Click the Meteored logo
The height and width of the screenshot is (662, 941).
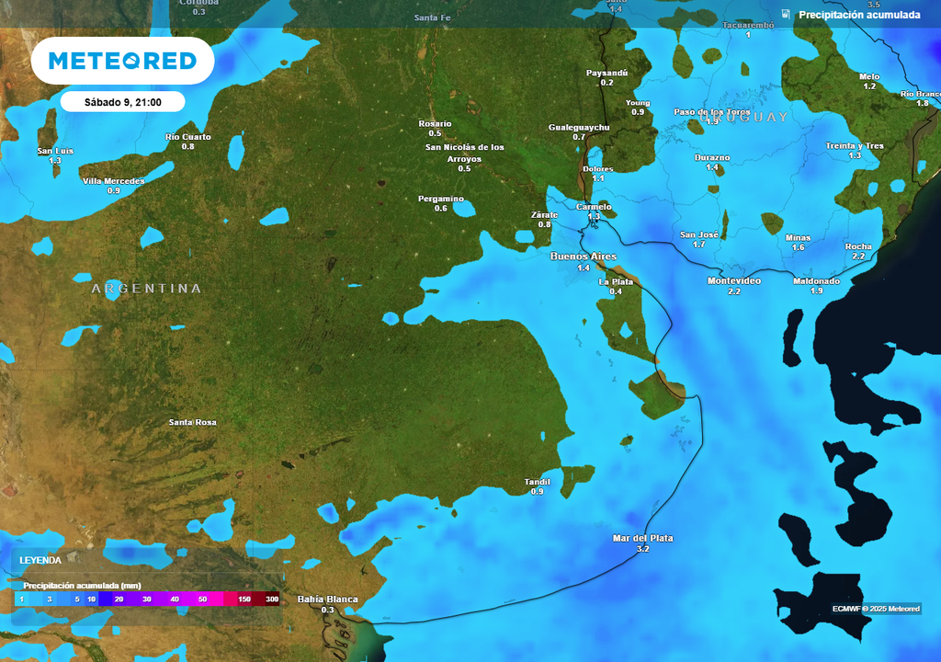point(122,61)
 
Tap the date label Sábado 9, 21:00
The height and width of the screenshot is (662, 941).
point(123,102)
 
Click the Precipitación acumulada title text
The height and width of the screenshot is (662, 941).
point(859,15)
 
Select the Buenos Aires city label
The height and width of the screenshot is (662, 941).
point(584,256)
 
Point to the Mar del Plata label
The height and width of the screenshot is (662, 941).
point(642,538)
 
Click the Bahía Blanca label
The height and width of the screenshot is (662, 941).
point(327,599)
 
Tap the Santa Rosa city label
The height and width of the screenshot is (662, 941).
point(193,422)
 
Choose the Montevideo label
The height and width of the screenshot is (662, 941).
point(734,280)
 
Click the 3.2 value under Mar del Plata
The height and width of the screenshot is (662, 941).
point(642,549)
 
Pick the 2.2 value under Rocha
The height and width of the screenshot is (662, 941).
point(858,257)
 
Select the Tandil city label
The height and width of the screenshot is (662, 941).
point(537,482)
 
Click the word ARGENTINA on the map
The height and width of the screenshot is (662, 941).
point(146,289)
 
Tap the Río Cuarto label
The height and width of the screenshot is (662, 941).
point(188,137)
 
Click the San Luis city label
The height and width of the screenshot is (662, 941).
point(55,151)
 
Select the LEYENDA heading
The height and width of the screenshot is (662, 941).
point(41,559)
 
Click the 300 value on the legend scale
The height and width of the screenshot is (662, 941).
point(272,599)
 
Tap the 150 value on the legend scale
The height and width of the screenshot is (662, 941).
point(244,599)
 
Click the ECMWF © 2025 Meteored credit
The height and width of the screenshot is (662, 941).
point(876,609)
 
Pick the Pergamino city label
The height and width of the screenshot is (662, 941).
point(441,200)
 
